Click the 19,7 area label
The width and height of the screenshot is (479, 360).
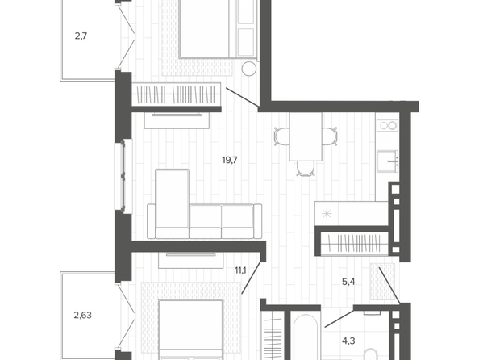click(x=230, y=160)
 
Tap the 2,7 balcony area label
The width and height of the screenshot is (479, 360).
click(x=81, y=36)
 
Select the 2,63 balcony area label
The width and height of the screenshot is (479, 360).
click(x=83, y=315)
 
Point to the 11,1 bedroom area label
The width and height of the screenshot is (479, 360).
click(x=240, y=270)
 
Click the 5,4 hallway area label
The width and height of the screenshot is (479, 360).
click(x=348, y=282)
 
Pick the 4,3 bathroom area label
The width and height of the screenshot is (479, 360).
click(x=348, y=341)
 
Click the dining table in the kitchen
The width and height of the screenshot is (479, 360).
click(x=306, y=136)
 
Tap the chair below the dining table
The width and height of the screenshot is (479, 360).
click(x=306, y=169)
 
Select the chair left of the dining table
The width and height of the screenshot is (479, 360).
click(x=282, y=136)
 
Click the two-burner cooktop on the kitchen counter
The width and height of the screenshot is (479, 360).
click(x=387, y=125)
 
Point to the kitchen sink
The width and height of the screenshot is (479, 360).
click(x=387, y=161)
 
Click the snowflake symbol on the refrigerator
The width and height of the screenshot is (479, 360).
click(x=327, y=213)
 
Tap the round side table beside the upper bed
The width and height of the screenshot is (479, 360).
click(x=249, y=69)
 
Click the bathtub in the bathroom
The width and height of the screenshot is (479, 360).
click(x=304, y=337)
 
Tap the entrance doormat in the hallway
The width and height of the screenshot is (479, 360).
click(x=382, y=282)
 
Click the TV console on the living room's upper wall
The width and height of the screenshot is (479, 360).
click(x=177, y=120)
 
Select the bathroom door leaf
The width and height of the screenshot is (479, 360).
click(x=339, y=319)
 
